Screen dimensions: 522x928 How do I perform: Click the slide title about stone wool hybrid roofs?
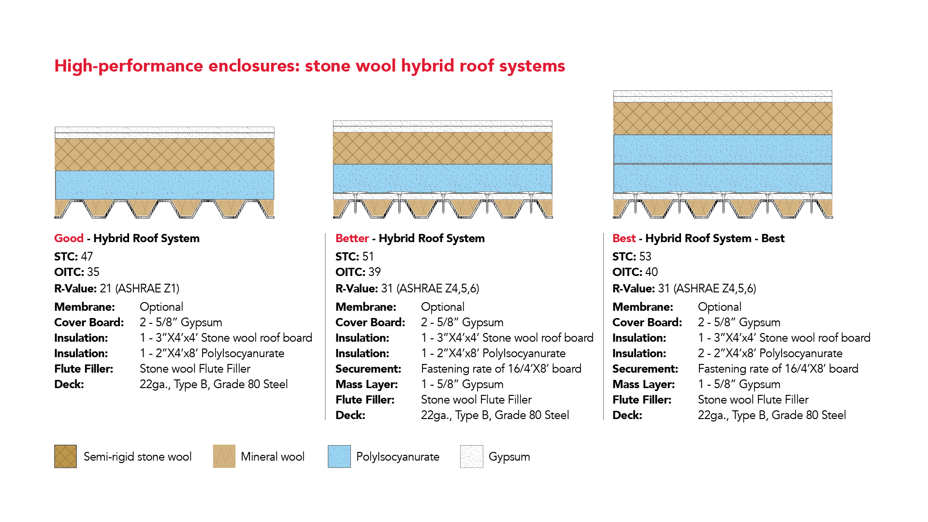click(309, 66)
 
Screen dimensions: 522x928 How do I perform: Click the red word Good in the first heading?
click(69, 238)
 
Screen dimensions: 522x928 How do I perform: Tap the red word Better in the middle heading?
click(352, 238)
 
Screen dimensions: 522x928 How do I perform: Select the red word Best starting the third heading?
click(624, 238)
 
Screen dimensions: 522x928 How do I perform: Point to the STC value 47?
click(87, 257)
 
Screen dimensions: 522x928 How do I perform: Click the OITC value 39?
click(375, 272)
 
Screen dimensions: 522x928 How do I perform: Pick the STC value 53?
click(645, 257)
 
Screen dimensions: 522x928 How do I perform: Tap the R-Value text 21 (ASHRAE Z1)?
click(139, 289)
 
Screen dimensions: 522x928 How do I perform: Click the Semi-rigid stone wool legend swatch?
click(65, 456)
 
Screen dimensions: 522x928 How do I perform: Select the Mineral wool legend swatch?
click(224, 456)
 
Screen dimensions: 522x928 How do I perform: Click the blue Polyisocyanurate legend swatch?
click(339, 456)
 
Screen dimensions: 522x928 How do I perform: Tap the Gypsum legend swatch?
click(472, 456)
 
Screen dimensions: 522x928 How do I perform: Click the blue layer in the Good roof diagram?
click(164, 185)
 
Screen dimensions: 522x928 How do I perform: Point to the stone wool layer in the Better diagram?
click(442, 148)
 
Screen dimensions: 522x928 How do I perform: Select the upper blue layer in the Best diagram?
click(723, 149)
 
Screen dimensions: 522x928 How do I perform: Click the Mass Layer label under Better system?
click(366, 384)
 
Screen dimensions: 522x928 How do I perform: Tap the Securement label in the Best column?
click(645, 369)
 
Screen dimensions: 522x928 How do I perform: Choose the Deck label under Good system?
click(69, 384)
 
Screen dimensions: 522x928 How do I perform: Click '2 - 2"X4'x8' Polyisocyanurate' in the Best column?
click(770, 353)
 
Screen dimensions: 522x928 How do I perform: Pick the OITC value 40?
click(652, 272)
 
